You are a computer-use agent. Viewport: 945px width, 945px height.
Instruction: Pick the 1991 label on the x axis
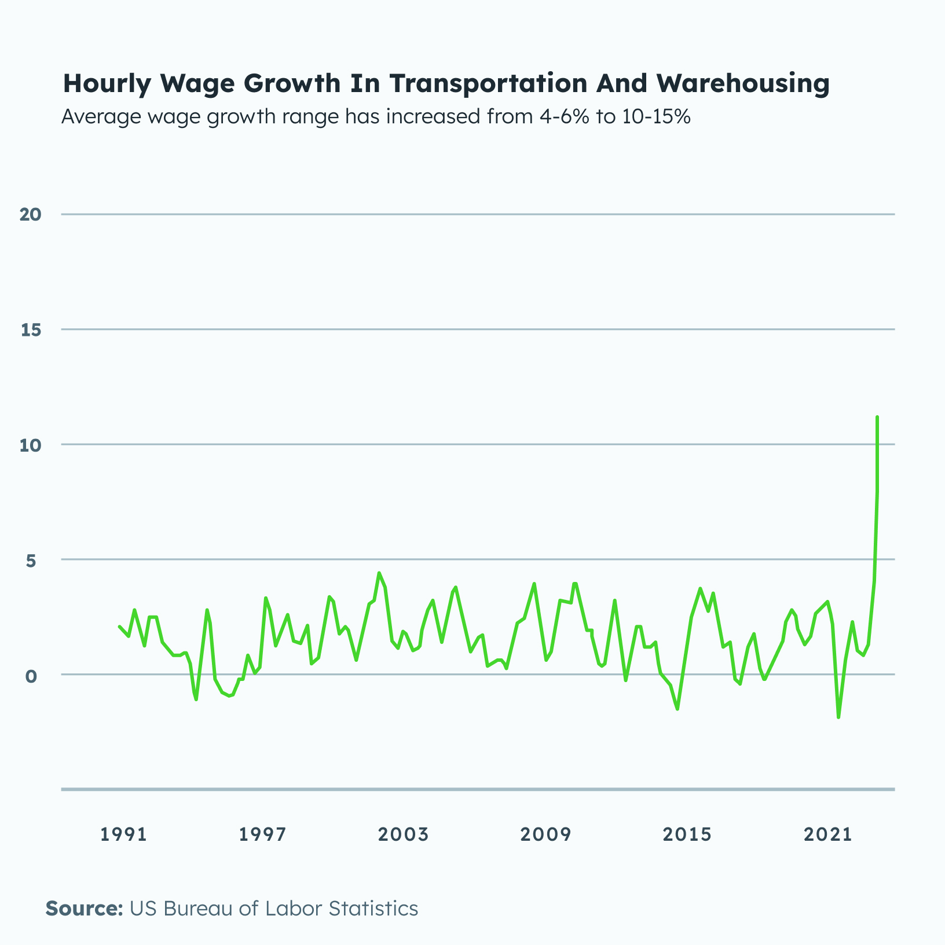(x=123, y=834)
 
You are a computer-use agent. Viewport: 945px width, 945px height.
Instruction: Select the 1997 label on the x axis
(x=262, y=834)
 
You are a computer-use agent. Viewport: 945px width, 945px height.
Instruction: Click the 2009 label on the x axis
(x=545, y=834)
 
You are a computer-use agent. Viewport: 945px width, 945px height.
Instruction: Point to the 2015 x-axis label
(x=687, y=834)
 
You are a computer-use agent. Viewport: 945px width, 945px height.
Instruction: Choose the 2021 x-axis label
(x=829, y=834)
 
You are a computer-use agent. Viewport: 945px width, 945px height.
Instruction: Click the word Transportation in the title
(x=488, y=83)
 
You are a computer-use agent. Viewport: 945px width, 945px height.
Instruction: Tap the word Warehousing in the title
(x=743, y=83)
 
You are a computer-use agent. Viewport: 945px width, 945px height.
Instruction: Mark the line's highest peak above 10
(x=877, y=417)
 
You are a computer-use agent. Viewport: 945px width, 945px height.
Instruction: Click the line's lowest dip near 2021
(x=838, y=717)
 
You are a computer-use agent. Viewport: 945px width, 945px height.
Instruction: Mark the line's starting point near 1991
(x=119, y=627)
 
